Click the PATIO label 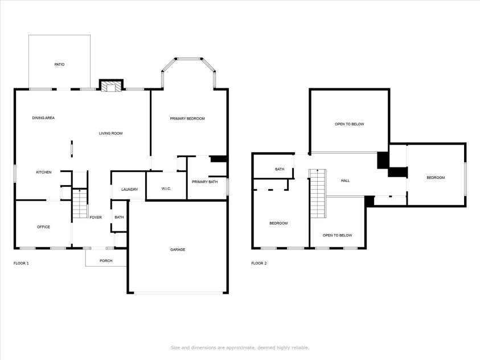[59, 64]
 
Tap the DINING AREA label [43, 118]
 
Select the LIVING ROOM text [111, 133]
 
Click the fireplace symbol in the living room [111, 86]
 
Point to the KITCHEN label [44, 172]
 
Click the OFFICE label [43, 227]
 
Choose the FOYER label [96, 218]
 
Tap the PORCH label [106, 261]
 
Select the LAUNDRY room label [129, 189]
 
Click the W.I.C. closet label [166, 189]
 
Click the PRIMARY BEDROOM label [187, 118]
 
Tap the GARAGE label [178, 249]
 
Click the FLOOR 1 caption [21, 263]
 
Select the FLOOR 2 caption [259, 263]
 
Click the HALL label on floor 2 [345, 181]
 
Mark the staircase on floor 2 [317, 194]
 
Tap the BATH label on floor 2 [280, 169]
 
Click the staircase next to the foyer [80, 205]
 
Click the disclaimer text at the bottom [240, 347]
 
